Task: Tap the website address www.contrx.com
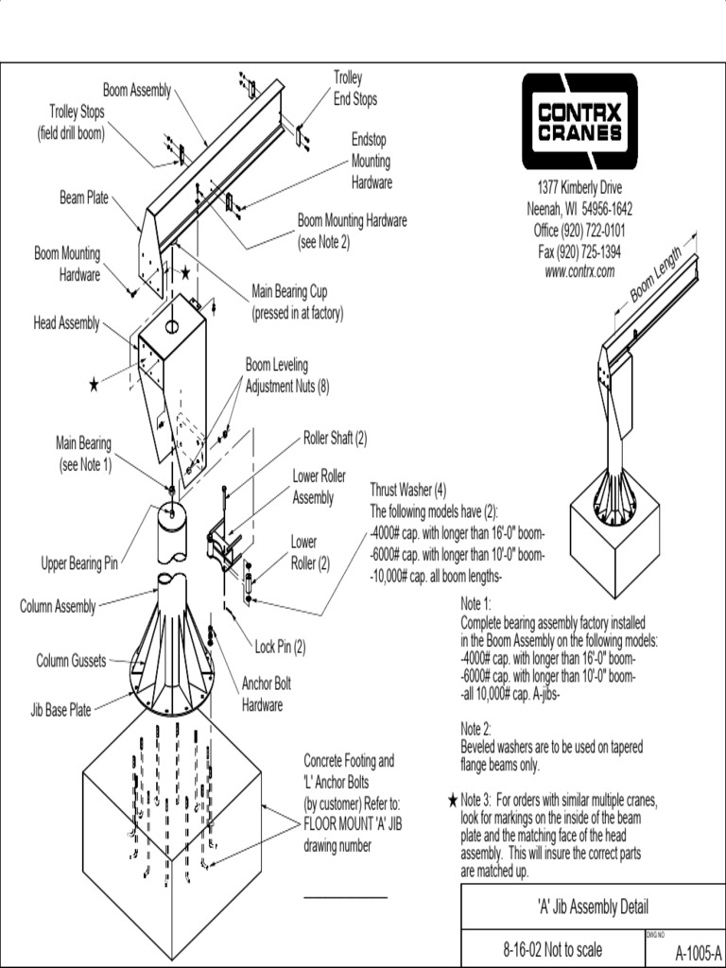pyautogui.click(x=579, y=270)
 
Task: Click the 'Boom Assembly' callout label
pyautogui.click(x=137, y=91)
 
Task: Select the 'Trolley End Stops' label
pyautogui.click(x=354, y=88)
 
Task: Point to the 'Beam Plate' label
pyautogui.click(x=84, y=199)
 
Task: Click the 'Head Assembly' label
pyautogui.click(x=66, y=323)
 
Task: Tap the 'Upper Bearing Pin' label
pyautogui.click(x=78, y=564)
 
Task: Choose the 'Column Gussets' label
pyautogui.click(x=72, y=660)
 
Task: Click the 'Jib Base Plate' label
pyautogui.click(x=60, y=709)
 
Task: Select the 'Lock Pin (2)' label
pyautogui.click(x=281, y=648)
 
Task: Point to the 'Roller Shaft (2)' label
pyautogui.click(x=335, y=439)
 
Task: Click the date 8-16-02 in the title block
pyautogui.click(x=527, y=950)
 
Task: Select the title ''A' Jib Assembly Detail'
pyautogui.click(x=592, y=907)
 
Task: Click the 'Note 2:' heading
pyautogui.click(x=476, y=729)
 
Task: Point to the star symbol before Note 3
pyautogui.click(x=453, y=801)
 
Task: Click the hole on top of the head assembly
pyautogui.click(x=172, y=326)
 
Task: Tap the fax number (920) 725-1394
pyautogui.click(x=579, y=252)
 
